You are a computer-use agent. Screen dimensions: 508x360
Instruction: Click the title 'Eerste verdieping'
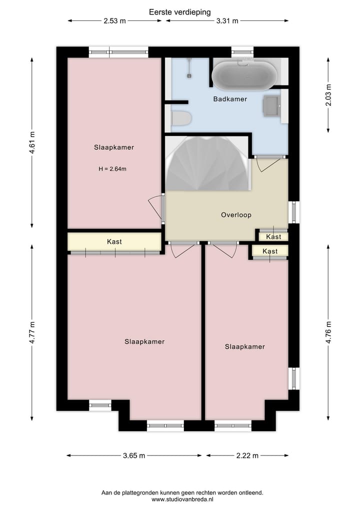coord(180,11)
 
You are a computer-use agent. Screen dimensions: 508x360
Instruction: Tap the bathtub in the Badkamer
coord(244,75)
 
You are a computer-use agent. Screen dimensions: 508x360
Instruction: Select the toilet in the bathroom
coord(181,118)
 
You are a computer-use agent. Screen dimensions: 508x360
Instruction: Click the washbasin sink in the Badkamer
coord(271,106)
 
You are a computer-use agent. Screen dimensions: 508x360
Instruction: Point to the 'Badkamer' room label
coord(230,99)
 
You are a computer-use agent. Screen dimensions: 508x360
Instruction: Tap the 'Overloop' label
coord(236,215)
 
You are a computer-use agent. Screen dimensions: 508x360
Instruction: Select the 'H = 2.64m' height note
coord(112,169)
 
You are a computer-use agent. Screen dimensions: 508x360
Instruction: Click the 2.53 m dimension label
coord(114,20)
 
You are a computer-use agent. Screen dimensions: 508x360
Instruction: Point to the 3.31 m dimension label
coord(227,20)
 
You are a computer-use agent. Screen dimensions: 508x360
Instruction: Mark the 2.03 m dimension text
coord(328,94)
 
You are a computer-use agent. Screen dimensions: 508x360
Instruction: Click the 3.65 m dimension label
coord(134,456)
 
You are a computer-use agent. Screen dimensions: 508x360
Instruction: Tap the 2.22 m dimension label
coord(247,456)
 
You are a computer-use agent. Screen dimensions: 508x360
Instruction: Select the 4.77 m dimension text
coord(32,332)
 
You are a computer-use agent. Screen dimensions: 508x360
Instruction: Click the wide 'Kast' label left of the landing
coord(114,242)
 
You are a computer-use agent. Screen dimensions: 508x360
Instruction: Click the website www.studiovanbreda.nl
coord(182,499)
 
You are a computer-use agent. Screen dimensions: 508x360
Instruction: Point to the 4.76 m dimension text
coord(328,332)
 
